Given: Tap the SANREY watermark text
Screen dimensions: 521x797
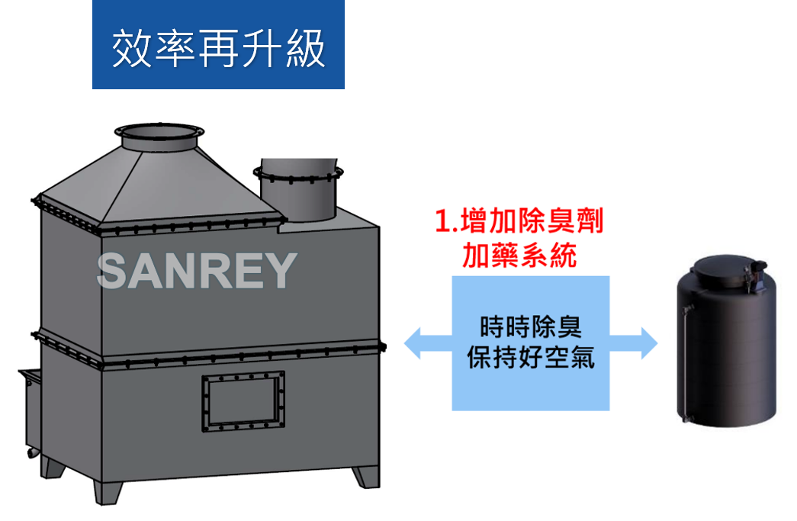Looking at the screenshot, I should click(x=197, y=271).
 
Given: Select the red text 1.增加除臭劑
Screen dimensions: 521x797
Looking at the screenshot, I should click(x=519, y=221).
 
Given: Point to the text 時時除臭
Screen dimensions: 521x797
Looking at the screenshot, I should click(x=531, y=327).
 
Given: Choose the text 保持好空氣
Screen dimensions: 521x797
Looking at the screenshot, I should click(x=531, y=357).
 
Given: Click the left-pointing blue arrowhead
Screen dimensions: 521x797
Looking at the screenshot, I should click(x=413, y=343).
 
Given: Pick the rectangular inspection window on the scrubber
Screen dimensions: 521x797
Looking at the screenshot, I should click(x=243, y=402).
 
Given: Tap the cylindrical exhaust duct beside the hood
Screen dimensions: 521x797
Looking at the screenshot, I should click(x=298, y=191).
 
